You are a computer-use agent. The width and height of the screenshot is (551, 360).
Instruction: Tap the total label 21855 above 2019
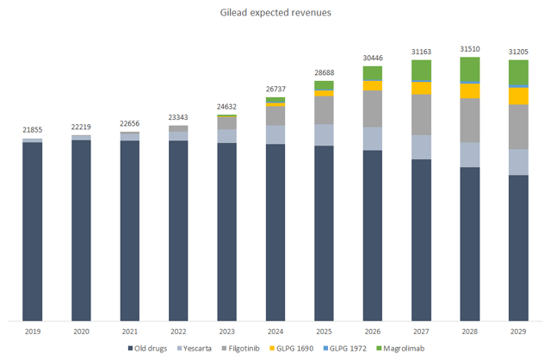[x=32, y=129]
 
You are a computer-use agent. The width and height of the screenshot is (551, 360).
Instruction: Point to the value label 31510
[x=470, y=49]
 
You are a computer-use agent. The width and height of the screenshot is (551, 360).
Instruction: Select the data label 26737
[x=275, y=89]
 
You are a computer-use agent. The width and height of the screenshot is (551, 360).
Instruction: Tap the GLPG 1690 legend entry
[x=308, y=348]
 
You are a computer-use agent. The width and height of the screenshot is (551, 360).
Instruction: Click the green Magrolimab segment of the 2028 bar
[x=470, y=69]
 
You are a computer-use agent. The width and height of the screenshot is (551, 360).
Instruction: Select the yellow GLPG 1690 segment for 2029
[x=518, y=96]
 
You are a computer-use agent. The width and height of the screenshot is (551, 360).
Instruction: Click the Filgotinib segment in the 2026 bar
[x=372, y=109]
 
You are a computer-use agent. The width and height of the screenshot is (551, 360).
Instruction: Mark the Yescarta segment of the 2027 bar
[x=421, y=147]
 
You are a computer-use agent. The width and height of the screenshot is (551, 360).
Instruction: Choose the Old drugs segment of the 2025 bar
[x=324, y=233]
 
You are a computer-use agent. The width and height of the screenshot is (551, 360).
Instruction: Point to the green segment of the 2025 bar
[x=324, y=85]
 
